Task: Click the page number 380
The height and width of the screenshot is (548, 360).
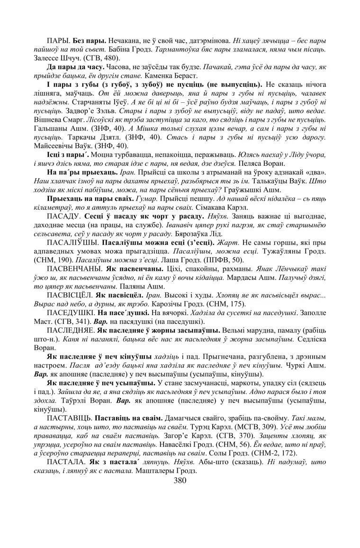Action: point(180,480)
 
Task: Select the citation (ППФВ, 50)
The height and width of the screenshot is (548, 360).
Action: point(225,260)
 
